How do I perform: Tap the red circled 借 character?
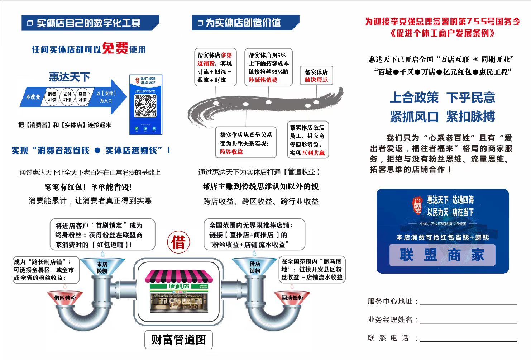click(178, 242)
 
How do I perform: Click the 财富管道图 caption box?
click(178, 339)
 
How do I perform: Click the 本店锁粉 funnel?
click(102, 267)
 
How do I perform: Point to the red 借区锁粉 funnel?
click(65, 298)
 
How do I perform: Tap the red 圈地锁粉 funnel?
click(292, 298)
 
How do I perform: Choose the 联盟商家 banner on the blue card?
click(442, 255)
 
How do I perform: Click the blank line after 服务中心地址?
click(468, 304)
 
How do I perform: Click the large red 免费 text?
click(115, 48)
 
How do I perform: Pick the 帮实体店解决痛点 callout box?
click(316, 76)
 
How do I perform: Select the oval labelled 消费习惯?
click(52, 97)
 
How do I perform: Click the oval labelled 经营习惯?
click(82, 97)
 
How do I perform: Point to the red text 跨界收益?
click(231, 152)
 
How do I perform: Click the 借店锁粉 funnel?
click(255, 267)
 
